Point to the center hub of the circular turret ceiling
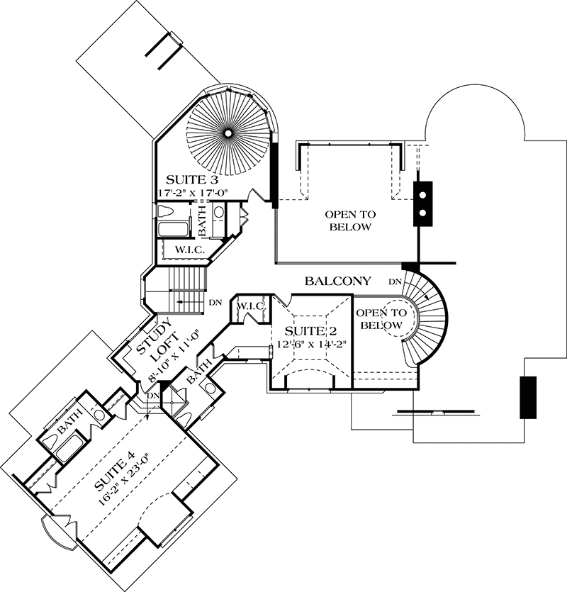(x=229, y=132)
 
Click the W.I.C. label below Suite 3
(x=186, y=250)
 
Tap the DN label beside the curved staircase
(x=395, y=282)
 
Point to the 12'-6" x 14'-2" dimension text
(x=309, y=345)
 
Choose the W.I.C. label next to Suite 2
(x=251, y=306)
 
